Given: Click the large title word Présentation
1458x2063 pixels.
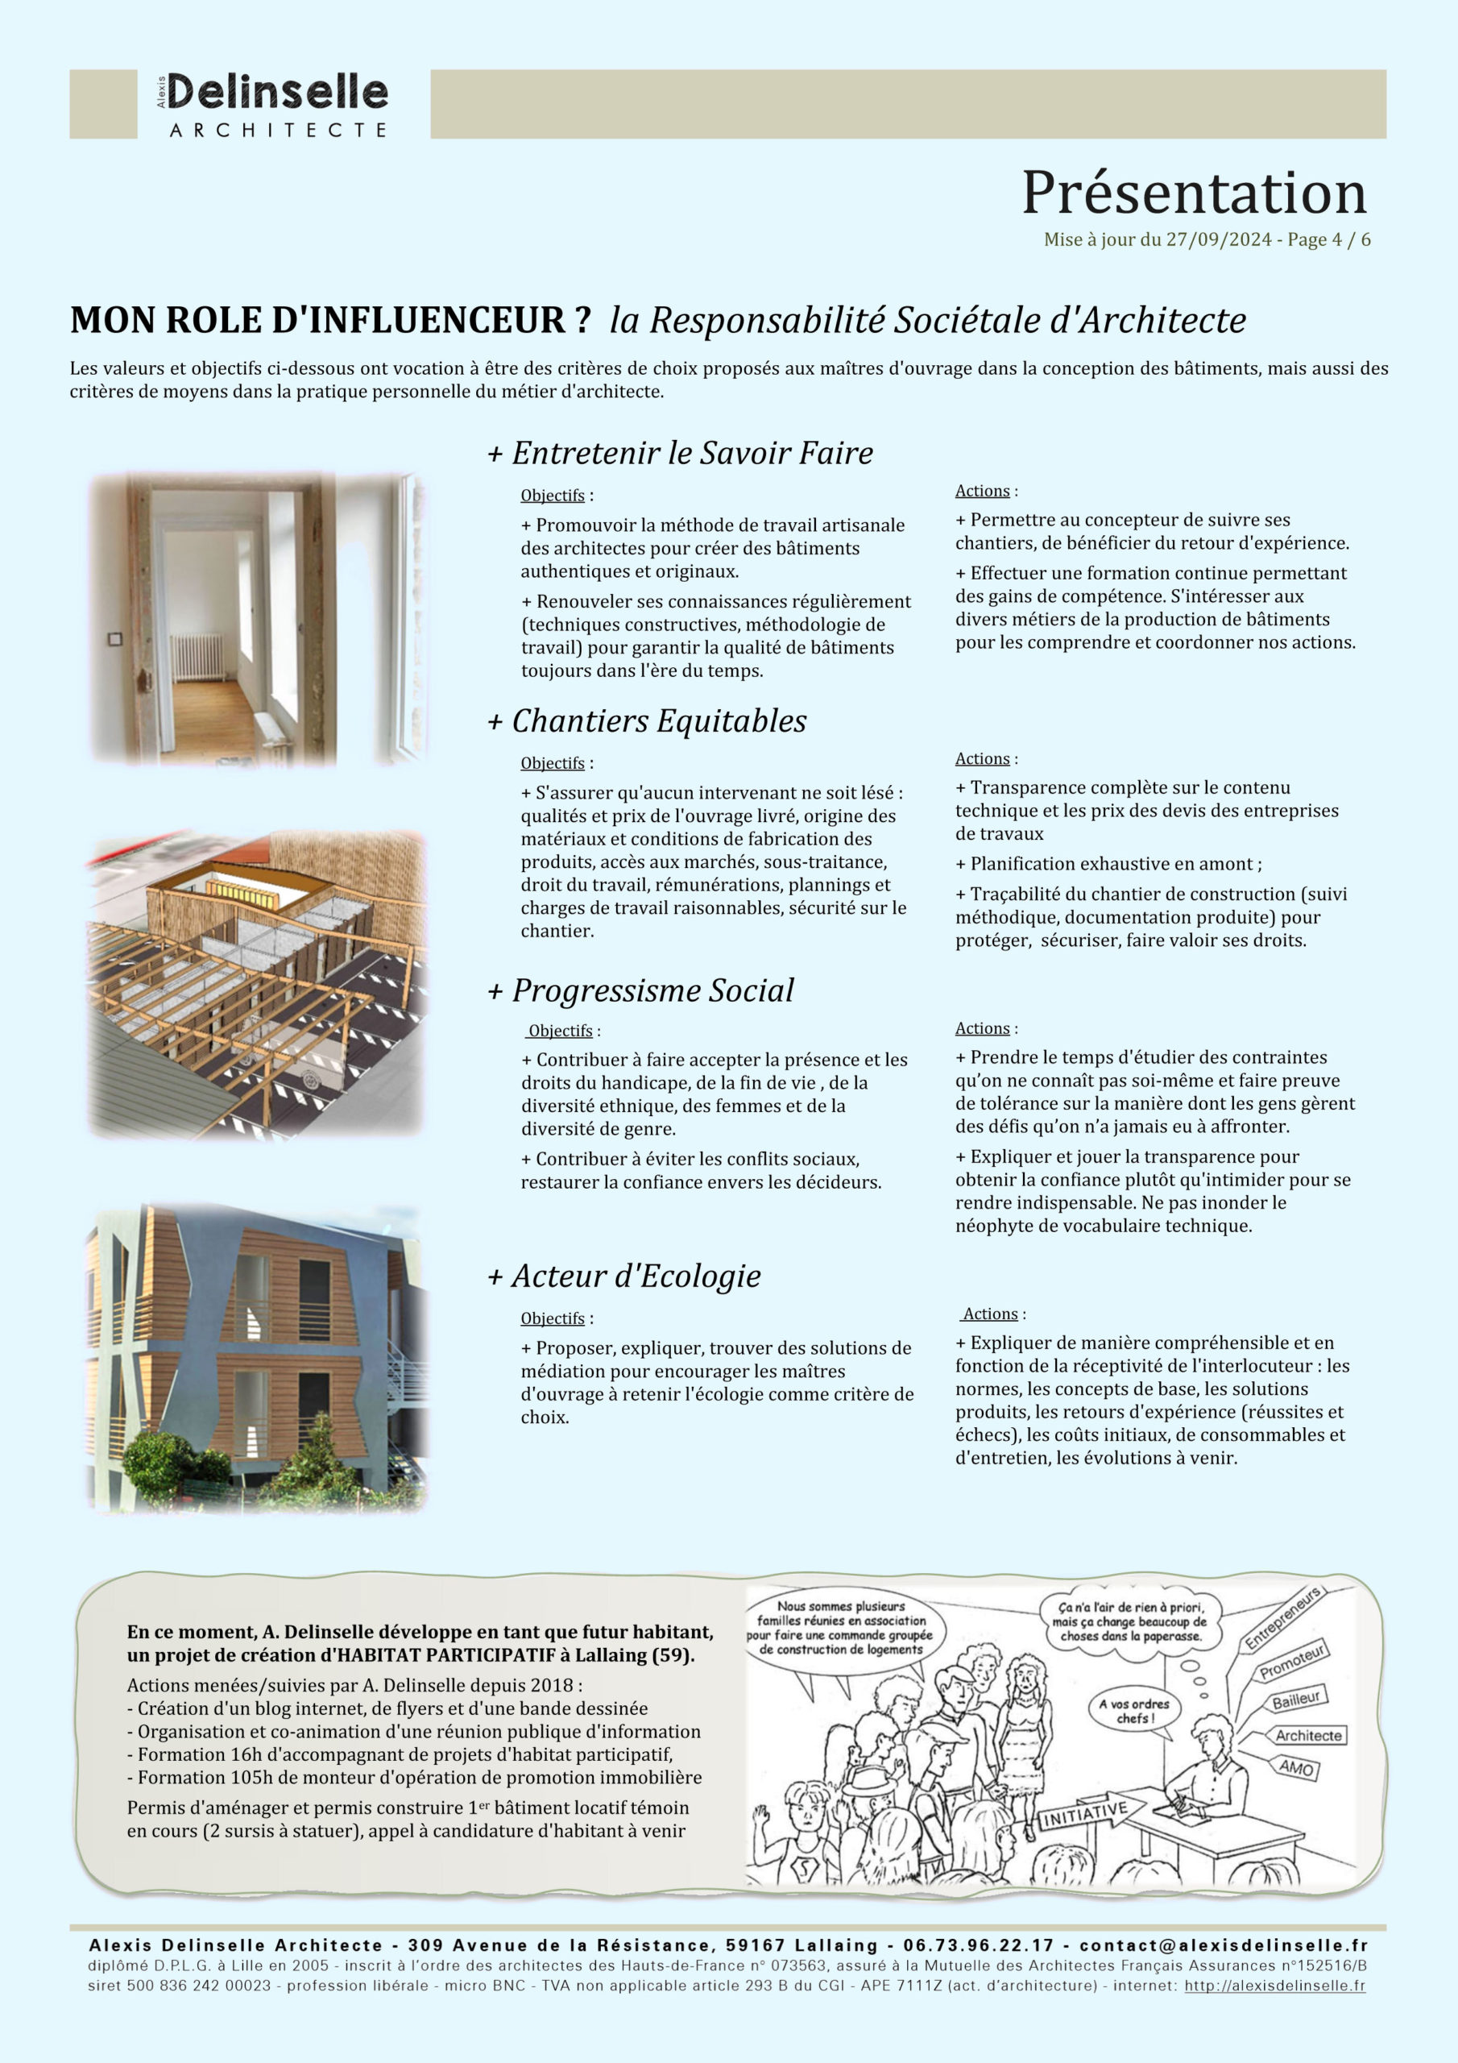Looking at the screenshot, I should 1194,193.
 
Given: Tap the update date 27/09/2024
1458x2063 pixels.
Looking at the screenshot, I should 1218,240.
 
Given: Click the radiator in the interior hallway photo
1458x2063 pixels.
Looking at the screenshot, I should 197,657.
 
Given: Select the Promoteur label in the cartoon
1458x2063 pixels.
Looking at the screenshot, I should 1292,1663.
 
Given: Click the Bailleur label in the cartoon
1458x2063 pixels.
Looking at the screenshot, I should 1295,1700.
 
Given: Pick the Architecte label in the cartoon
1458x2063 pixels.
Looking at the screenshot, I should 1308,1736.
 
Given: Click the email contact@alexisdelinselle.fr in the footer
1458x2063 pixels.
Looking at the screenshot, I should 1223,1945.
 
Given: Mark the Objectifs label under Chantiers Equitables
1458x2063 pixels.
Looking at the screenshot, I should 553,764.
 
